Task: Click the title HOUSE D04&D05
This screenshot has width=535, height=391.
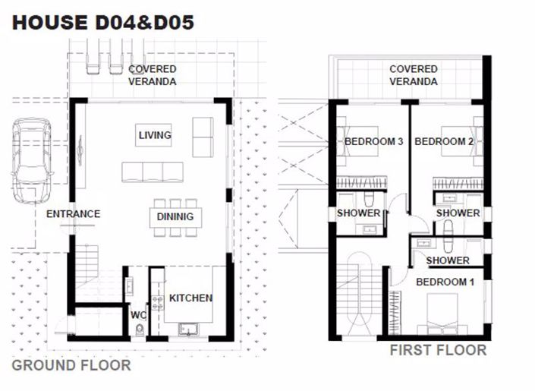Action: (x=102, y=23)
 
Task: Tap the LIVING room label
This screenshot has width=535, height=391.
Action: (x=155, y=136)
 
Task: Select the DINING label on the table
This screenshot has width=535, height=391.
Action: (x=175, y=217)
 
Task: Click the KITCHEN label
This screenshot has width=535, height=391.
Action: (x=190, y=298)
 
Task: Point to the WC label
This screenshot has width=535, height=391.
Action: (x=137, y=314)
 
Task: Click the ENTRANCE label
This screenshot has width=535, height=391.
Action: (x=73, y=214)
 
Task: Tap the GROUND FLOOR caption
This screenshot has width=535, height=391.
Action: (x=71, y=365)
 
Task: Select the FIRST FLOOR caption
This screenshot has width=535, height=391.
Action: (x=438, y=351)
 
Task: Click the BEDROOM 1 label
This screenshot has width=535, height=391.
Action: (x=445, y=282)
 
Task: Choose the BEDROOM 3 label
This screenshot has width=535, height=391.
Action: (x=373, y=141)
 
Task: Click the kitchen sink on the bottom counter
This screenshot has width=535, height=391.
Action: (x=187, y=330)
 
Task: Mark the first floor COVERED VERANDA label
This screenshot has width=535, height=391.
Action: (x=413, y=75)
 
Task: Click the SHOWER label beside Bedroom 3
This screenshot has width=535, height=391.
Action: (x=358, y=213)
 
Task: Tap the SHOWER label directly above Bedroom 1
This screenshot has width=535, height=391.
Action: (x=447, y=260)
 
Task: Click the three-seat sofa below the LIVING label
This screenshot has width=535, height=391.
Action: (x=153, y=172)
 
